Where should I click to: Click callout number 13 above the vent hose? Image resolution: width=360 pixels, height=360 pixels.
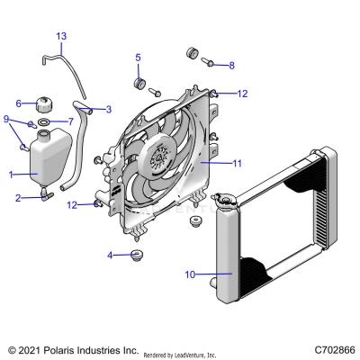[x=61, y=36]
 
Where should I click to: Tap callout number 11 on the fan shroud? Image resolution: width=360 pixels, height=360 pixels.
[x=238, y=164]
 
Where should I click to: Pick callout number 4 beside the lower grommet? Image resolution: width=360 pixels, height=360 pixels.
[x=110, y=255]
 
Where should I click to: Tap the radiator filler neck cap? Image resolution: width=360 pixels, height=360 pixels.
[x=221, y=199]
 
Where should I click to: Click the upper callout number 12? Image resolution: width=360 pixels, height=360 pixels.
[x=241, y=93]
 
